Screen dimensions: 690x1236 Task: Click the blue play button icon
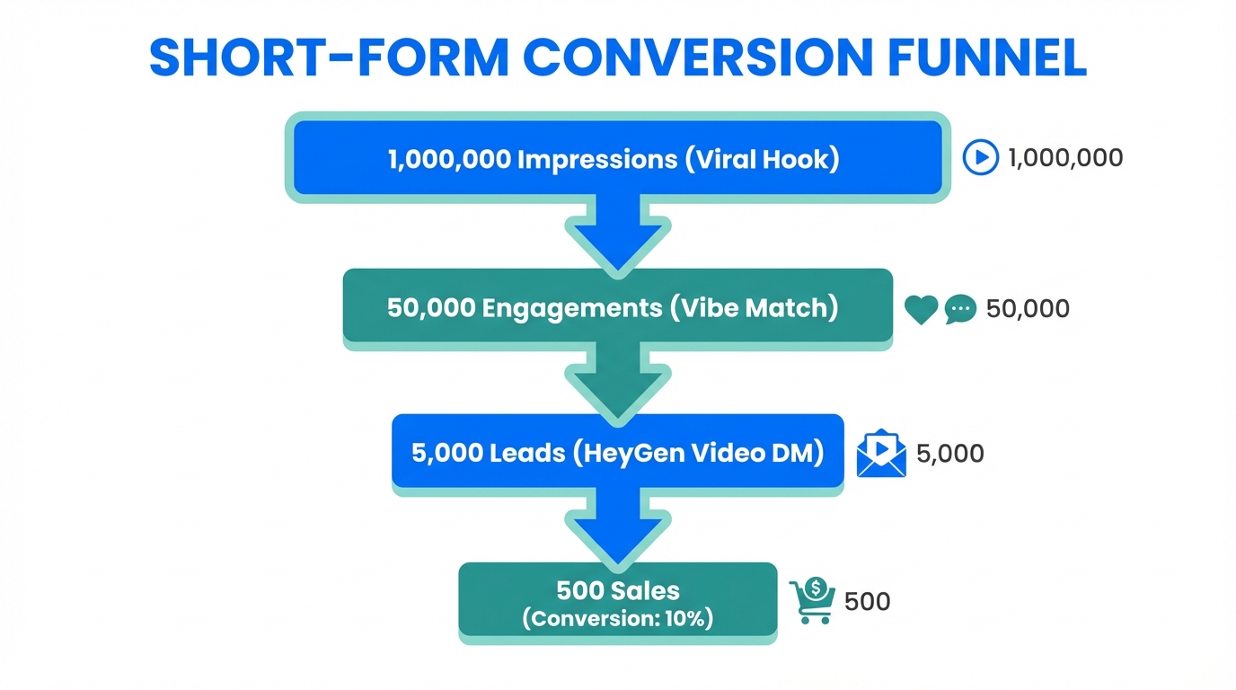(x=980, y=158)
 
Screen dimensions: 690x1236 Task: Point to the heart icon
(x=921, y=310)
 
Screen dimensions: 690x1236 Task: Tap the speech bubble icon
(x=960, y=310)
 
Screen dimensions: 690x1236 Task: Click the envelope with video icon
(x=881, y=453)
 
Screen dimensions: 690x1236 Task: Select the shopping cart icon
(x=811, y=601)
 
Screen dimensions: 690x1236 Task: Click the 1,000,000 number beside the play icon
(x=1065, y=158)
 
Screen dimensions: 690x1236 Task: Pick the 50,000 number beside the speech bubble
(x=1028, y=309)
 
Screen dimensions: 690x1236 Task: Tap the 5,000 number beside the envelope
(x=949, y=454)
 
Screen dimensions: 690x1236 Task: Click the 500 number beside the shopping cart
(x=867, y=601)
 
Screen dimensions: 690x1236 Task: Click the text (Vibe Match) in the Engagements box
(x=755, y=308)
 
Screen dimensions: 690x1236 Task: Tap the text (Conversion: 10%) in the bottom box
(x=617, y=619)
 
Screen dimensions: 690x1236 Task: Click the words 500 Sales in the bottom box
(x=617, y=591)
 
